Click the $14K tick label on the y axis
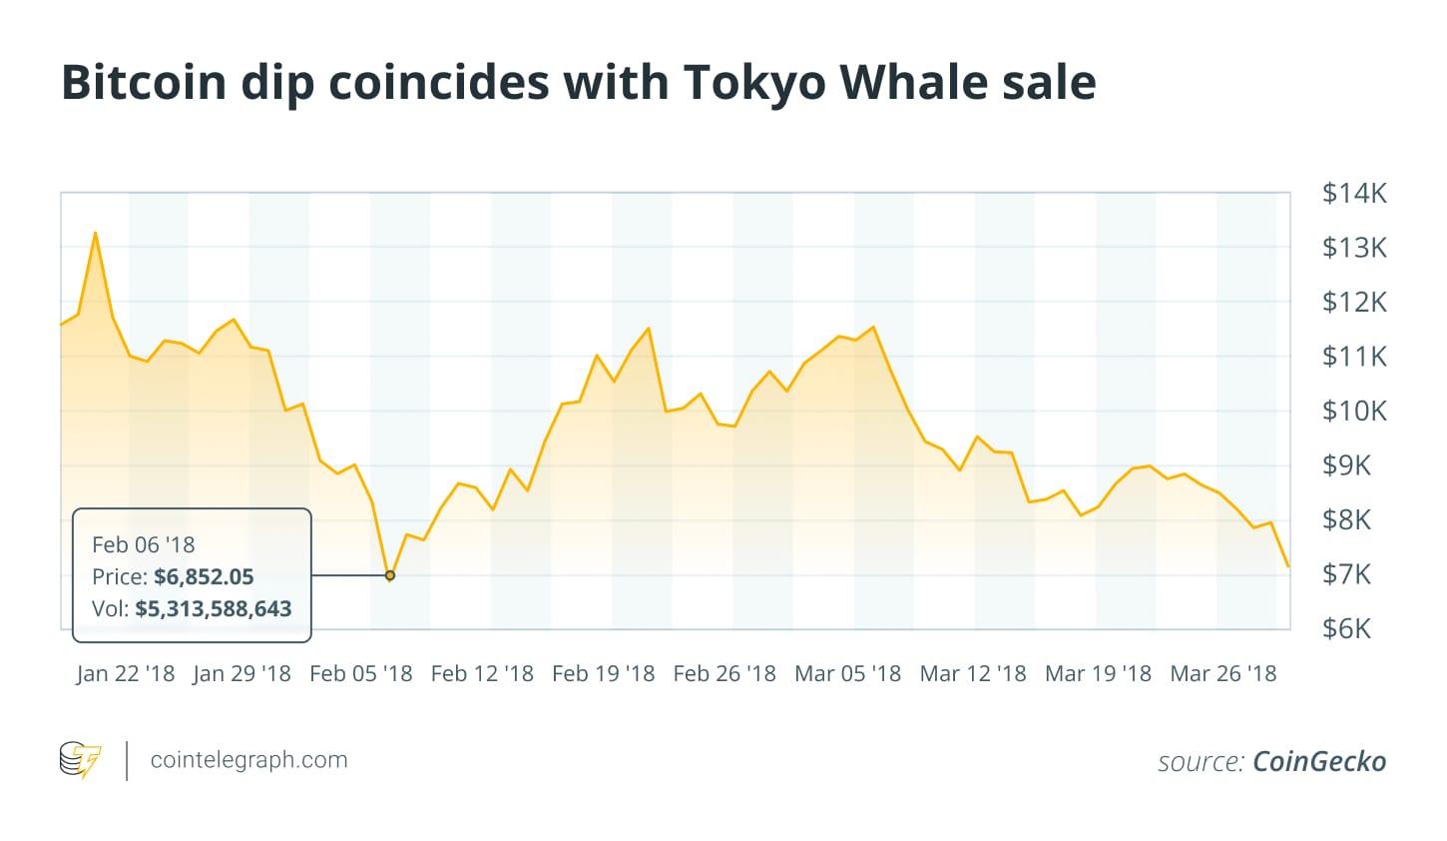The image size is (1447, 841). (1354, 193)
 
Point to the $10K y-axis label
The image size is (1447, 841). (1354, 411)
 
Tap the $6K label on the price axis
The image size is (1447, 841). (1346, 628)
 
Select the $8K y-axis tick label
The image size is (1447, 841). (1346, 519)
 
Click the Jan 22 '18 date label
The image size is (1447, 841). (126, 673)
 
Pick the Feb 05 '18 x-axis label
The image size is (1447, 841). (361, 673)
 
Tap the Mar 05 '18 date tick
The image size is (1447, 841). (847, 673)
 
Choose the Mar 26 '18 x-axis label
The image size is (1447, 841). (1223, 673)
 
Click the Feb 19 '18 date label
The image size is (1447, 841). (604, 673)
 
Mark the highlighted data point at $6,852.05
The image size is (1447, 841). (390, 575)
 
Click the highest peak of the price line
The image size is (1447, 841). (95, 233)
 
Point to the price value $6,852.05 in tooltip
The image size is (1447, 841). (204, 576)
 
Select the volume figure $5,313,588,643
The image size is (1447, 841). (214, 608)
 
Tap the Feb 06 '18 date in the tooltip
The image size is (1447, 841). (144, 544)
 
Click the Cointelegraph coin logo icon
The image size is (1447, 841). (80, 760)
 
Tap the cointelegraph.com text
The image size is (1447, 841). (248, 760)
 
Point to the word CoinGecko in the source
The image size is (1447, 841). (1319, 761)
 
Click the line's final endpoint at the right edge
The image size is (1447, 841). (1288, 566)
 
